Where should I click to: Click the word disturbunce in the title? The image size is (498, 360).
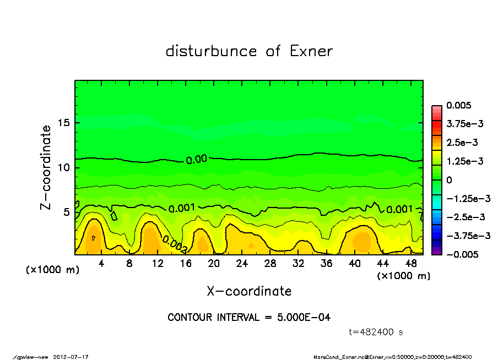coord(211,52)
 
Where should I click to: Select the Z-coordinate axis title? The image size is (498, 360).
coord(46,167)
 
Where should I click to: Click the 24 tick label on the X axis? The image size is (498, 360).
coord(242,264)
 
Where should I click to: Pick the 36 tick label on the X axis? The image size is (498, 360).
coord(327,264)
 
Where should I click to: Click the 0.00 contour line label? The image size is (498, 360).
coord(196,160)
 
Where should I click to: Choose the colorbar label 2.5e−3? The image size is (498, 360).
coord(462,143)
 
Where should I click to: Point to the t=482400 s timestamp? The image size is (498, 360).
coord(377,332)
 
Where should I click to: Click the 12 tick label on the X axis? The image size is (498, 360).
coord(158,264)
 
